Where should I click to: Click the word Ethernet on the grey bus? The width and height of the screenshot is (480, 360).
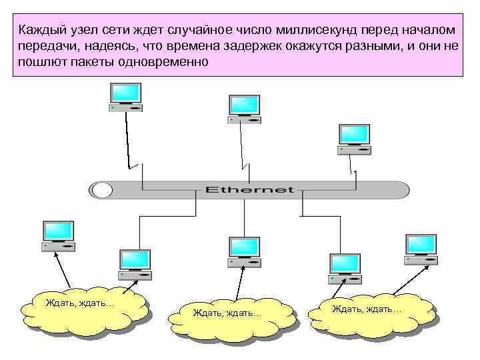pos(249,189)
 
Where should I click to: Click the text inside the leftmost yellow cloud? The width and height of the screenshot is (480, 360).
pos(79,303)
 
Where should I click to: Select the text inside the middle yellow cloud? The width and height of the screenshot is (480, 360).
pos(227,313)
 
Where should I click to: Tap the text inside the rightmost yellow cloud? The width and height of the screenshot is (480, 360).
pos(367,309)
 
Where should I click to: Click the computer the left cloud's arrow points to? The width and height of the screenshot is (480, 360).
pos(58,236)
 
